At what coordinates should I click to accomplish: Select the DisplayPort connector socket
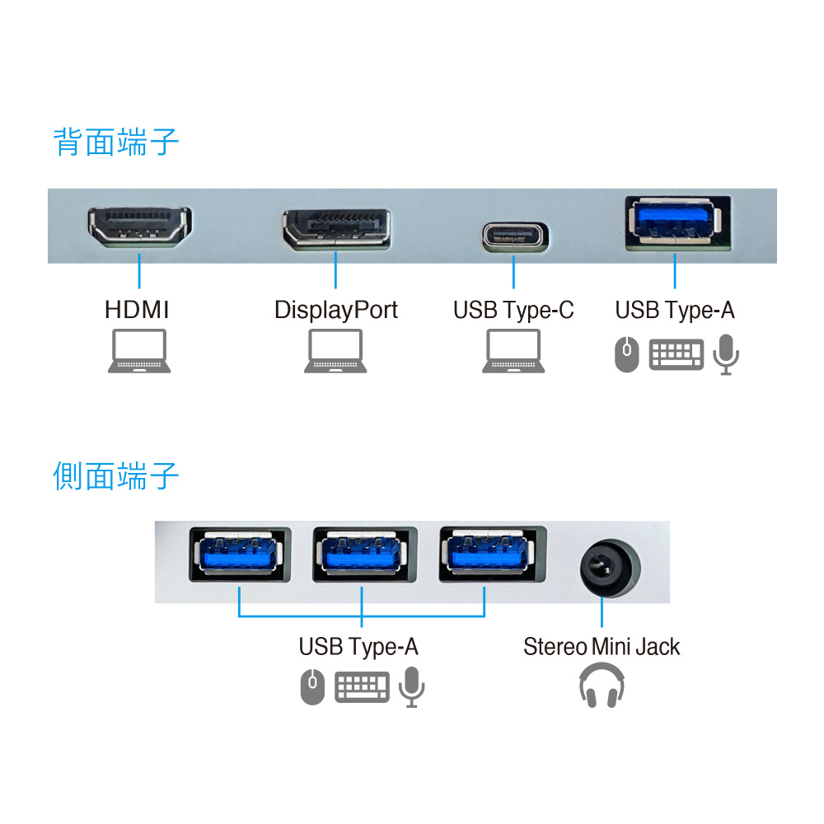coord(336,230)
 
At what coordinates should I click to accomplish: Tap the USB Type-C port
coord(513,235)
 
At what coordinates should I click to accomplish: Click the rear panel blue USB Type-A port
coord(674,223)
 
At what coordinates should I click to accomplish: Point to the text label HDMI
coord(137,311)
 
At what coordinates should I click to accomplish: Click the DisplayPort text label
coord(335,311)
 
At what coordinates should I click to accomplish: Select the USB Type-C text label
coord(513,311)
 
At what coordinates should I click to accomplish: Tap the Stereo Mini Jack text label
coord(602,647)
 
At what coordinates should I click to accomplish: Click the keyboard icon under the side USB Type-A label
coord(362,687)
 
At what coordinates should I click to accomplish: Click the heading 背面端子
coord(116,143)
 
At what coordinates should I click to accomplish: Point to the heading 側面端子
coord(116,476)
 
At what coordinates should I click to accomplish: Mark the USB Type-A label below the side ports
coord(358,647)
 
